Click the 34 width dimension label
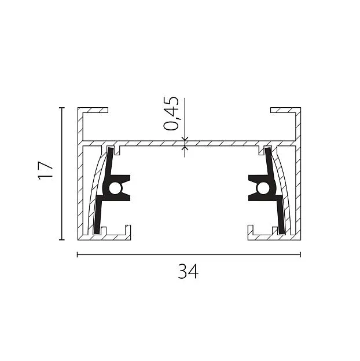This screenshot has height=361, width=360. click(x=188, y=272)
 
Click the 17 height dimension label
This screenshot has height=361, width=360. click(x=46, y=170)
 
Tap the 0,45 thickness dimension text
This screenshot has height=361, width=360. click(x=171, y=113)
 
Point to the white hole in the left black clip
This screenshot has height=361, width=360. click(x=115, y=188)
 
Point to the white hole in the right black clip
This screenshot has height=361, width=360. click(x=263, y=188)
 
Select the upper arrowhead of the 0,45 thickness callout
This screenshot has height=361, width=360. click(x=185, y=138)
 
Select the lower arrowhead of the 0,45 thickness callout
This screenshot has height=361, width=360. click(x=185, y=148)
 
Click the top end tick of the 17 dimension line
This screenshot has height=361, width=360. click(x=62, y=108)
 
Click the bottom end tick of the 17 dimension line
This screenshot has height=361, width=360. click(x=62, y=240)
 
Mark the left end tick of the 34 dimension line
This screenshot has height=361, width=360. click(x=78, y=254)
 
